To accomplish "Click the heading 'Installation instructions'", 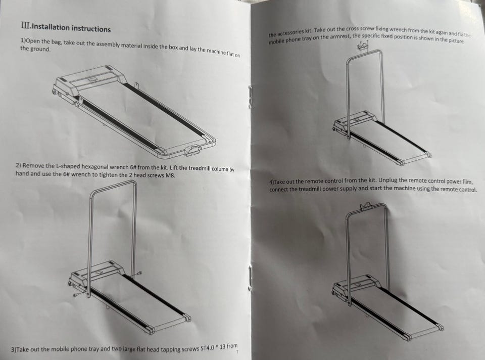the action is (71, 28).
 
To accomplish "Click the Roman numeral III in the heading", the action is (25, 25).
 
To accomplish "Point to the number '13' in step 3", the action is (222, 347).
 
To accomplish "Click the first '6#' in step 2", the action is (133, 167).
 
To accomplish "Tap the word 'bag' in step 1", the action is (56, 42).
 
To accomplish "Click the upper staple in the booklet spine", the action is (250, 97).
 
